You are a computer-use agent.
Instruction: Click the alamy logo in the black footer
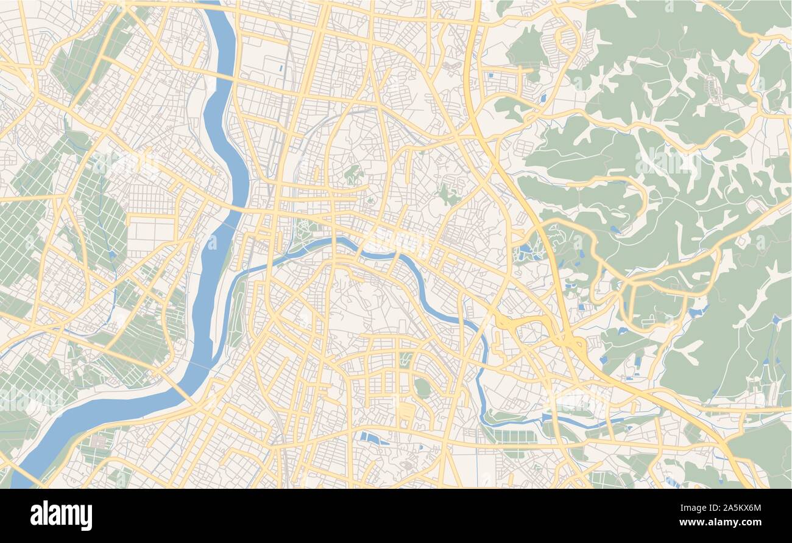pyautogui.click(x=61, y=516)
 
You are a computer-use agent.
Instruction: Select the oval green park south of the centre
pyautogui.click(x=422, y=387)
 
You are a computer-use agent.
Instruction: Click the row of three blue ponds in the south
pyautogui.click(x=373, y=438)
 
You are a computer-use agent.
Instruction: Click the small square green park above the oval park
pyautogui.click(x=406, y=360)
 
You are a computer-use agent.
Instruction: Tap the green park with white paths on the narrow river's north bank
pyautogui.click(x=305, y=234)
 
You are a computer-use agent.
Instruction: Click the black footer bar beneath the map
pyautogui.click(x=396, y=516)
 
